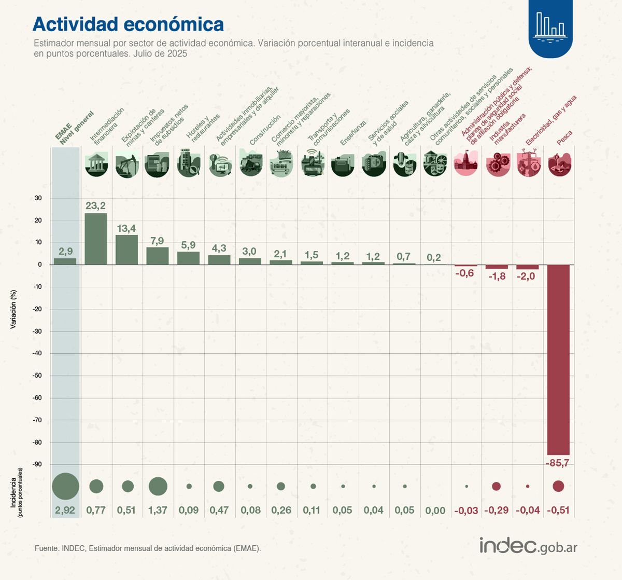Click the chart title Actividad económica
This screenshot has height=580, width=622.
pos(128,24)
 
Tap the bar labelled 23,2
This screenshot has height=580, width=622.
pos(96,239)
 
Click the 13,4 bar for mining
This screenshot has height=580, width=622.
pos(126,250)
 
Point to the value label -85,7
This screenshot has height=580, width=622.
pos(557,463)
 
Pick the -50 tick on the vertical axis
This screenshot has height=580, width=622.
pos(38,376)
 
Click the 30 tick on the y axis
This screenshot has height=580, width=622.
pos(38,198)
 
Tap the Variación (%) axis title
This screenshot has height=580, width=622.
pos(13,309)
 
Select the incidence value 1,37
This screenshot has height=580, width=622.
pos(158,510)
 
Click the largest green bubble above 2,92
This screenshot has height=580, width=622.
pos(65,486)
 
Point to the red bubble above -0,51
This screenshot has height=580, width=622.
pos(558,486)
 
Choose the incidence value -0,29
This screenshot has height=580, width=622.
pos(496,510)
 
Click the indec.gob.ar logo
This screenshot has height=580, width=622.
pos(528,546)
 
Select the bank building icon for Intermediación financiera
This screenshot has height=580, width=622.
pos(96,164)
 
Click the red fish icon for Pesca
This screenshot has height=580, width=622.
pos(559,164)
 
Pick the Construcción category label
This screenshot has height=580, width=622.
pos(265,130)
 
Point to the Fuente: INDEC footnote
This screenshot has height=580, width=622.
pos(147,548)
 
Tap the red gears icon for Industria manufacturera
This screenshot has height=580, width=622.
pos(497,164)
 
